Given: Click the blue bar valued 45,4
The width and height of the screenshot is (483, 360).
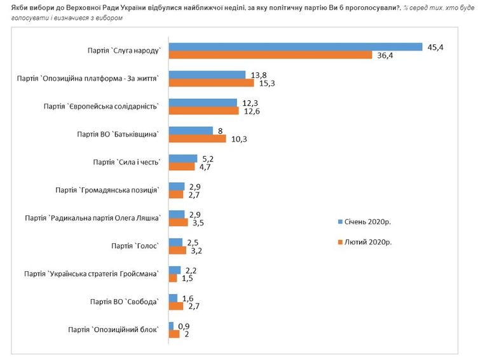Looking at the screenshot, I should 296,46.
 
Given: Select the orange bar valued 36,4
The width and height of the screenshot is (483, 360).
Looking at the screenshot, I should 270,55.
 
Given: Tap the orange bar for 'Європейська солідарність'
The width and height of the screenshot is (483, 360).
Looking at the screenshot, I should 203,111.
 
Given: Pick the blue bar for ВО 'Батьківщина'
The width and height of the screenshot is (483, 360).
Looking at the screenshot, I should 191,130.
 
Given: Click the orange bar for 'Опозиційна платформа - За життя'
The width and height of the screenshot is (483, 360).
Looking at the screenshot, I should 211,83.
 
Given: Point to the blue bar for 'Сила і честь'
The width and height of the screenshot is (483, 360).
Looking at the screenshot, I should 183,158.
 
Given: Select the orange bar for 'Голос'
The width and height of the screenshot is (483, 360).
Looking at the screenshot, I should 177,250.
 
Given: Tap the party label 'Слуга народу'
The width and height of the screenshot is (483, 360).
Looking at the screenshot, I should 125,51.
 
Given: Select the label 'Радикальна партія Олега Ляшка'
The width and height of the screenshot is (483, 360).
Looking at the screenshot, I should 93,218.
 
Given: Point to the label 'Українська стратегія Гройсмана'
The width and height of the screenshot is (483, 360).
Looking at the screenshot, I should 91,274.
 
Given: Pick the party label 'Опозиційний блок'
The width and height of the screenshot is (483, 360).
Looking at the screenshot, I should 112,330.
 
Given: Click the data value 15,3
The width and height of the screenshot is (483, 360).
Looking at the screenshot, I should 261,83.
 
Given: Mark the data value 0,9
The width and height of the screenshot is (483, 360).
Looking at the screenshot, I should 184,326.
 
